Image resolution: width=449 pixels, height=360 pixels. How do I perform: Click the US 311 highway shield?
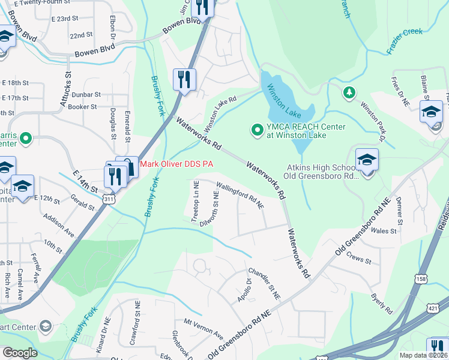(109, 198)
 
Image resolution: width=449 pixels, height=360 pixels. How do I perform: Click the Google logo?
(20, 353)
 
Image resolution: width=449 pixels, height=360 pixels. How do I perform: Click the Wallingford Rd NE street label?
(240, 196)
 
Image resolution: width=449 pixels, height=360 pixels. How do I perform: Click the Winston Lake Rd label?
(221, 115)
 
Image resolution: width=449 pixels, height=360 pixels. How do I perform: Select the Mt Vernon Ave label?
(203, 329)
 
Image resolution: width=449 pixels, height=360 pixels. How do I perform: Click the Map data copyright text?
(423, 355)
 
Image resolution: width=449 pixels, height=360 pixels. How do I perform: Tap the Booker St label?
(83, 107)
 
